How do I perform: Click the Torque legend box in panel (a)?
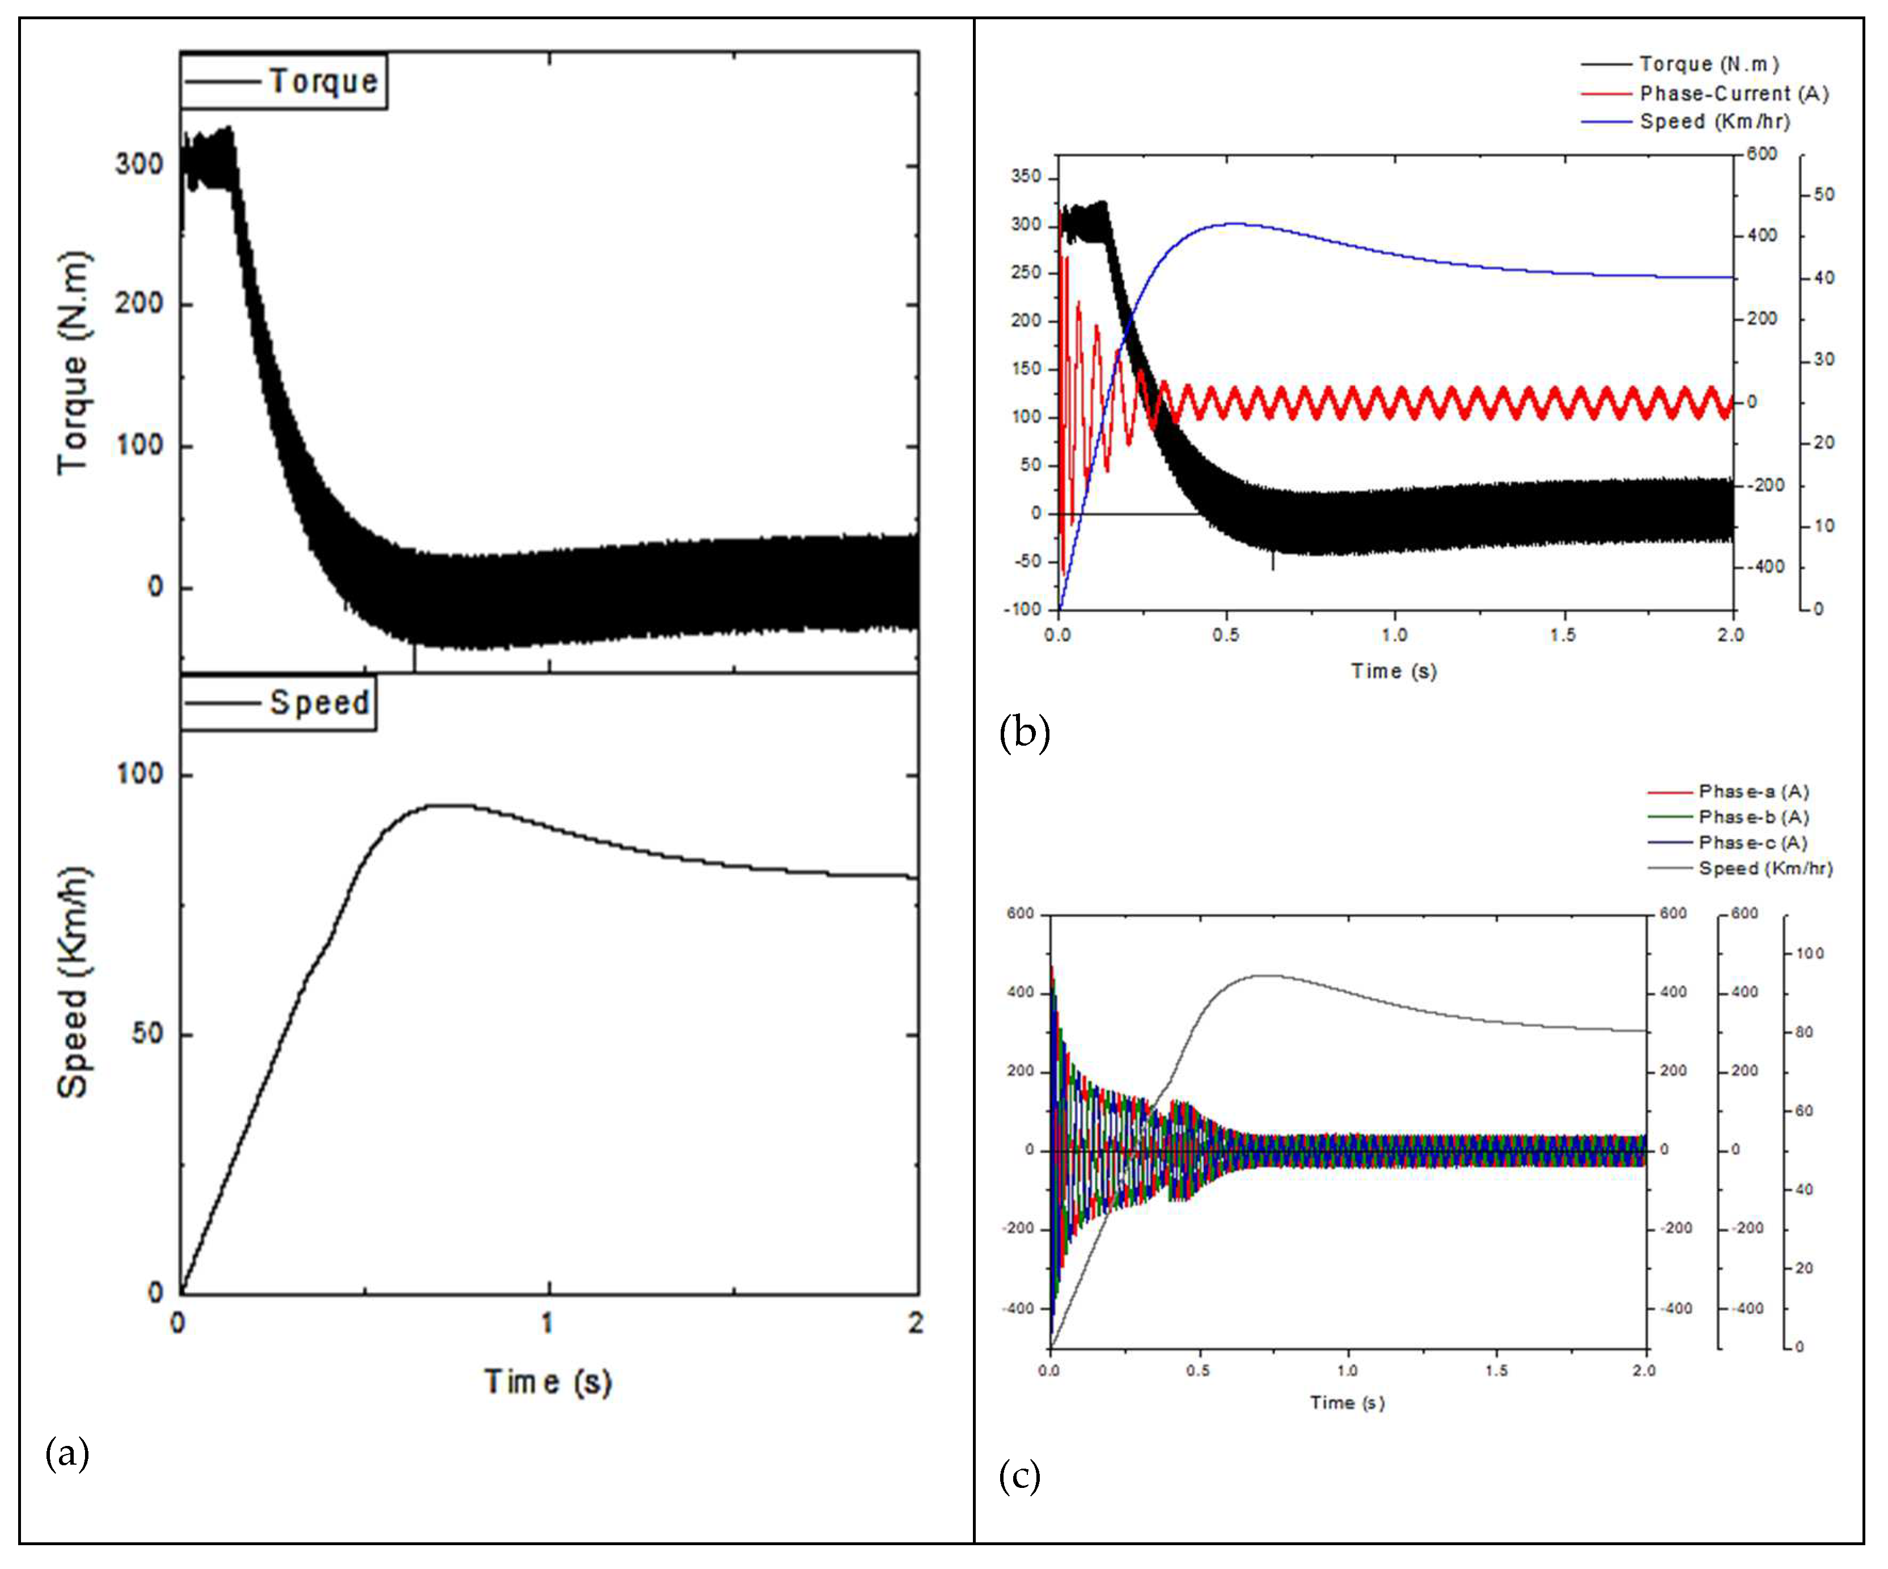pyautogui.click(x=283, y=81)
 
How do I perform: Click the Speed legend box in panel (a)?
pyautogui.click(x=278, y=702)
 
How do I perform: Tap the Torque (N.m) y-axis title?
pyautogui.click(x=74, y=364)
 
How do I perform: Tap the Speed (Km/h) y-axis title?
pyautogui.click(x=74, y=983)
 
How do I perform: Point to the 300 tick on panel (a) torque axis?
pyautogui.click(x=139, y=164)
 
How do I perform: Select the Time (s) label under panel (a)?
pyautogui.click(x=548, y=1381)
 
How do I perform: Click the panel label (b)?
pyautogui.click(x=1024, y=732)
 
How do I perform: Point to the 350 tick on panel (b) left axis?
pyautogui.click(x=1026, y=176)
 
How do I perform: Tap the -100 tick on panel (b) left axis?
pyautogui.click(x=1023, y=609)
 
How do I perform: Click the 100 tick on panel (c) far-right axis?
pyautogui.click(x=1810, y=953)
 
